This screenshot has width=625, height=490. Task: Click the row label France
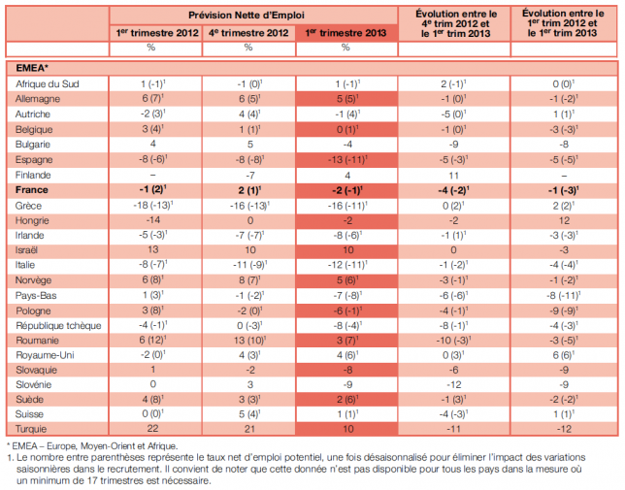[x=31, y=190]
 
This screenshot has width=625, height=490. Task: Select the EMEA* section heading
[x=32, y=68]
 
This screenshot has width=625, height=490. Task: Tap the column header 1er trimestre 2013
[x=345, y=33]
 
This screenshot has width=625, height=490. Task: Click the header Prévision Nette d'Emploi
[x=247, y=16]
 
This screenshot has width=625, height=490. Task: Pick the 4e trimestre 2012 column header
[x=248, y=33]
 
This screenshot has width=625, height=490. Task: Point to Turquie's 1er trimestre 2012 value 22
[x=152, y=429]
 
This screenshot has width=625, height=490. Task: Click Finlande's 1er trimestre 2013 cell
[x=347, y=176]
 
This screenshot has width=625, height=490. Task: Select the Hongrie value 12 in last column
[x=564, y=220]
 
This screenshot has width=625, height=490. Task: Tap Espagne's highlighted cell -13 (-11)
[x=347, y=160]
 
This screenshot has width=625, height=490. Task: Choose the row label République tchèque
[x=58, y=326]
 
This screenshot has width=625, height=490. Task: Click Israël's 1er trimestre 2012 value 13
[x=153, y=249]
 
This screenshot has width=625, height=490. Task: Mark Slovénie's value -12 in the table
[x=453, y=385]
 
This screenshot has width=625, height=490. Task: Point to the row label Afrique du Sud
[x=48, y=84]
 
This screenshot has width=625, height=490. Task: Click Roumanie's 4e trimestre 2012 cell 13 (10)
[x=250, y=341]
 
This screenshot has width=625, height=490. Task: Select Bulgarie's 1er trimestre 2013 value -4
[x=347, y=145]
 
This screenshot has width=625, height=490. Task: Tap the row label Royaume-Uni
[x=45, y=355]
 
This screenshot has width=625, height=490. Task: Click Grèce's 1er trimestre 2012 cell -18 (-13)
[x=153, y=206]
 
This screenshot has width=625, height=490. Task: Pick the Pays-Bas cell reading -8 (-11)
[x=564, y=296]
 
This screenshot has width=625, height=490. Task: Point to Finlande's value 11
[x=453, y=176]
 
